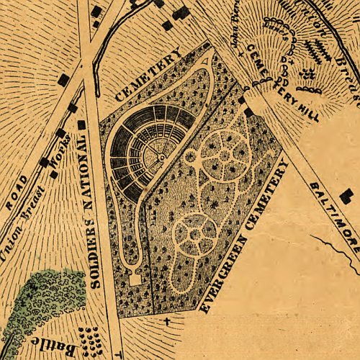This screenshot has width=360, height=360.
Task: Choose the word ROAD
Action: click(21, 192)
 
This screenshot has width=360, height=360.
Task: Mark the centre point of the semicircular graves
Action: click(164, 155)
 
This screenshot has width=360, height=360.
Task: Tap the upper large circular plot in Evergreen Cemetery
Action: click(224, 155)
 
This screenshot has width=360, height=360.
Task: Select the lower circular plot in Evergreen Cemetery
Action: click(194, 233)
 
